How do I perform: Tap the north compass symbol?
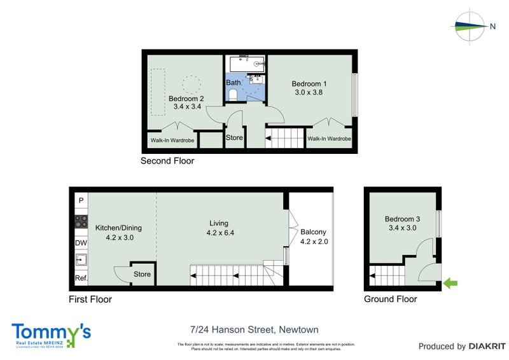pyautogui.click(x=470, y=26)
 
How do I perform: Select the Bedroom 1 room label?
pyautogui.click(x=309, y=84)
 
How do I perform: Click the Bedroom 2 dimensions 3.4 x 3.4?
pyautogui.click(x=186, y=108)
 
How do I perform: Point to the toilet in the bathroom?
pyautogui.click(x=234, y=95)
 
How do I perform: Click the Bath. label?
pyautogui.click(x=234, y=83)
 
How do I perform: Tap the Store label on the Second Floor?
pyautogui.click(x=235, y=137)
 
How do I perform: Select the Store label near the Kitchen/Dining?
pyautogui.click(x=142, y=275)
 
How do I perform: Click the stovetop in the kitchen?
pyautogui.click(x=81, y=222)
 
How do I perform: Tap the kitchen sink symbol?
pyautogui.click(x=81, y=260)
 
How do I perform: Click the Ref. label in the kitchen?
pyautogui.click(x=81, y=278)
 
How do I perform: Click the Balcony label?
pyautogui.click(x=314, y=232)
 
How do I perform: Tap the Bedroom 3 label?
pyautogui.click(x=402, y=219)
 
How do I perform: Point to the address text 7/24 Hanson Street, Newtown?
pyautogui.click(x=254, y=329)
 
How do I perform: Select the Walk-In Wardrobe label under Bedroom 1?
pyautogui.click(x=329, y=139)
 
